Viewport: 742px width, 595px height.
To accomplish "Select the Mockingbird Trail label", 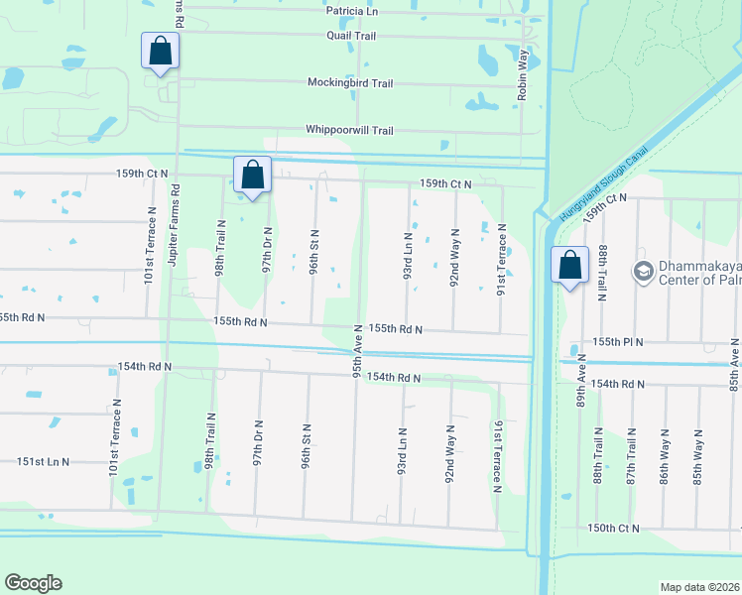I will [350, 83].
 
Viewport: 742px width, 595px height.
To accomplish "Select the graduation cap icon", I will [643, 270].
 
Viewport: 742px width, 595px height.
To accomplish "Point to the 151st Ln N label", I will [43, 462].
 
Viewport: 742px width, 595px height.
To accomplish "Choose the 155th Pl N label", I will [619, 342].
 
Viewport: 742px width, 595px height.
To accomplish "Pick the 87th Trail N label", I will [631, 456].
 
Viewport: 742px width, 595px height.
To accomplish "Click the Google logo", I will [33, 583].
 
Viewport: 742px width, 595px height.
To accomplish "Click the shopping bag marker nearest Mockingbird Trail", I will [160, 52].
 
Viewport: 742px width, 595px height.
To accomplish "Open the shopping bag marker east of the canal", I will [569, 266].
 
